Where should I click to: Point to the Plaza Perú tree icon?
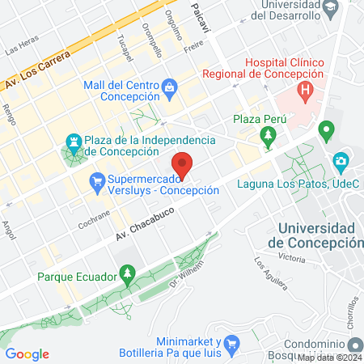click(267, 133)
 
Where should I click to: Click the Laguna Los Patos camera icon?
click(340, 160)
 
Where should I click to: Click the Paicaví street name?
click(198, 18)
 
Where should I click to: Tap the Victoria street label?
click(291, 258)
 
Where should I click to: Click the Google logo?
click(28, 353)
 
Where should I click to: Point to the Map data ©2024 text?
click(329, 358)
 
